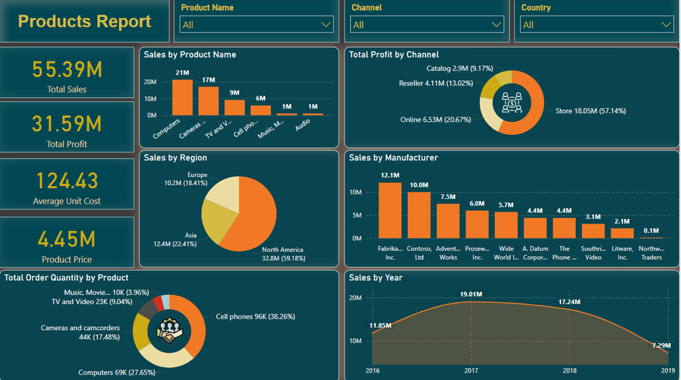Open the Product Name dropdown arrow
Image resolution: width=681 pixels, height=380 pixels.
(x=326, y=25)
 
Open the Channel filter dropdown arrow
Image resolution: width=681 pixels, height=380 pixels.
(x=496, y=25)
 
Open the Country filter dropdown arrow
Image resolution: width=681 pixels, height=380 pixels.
(x=666, y=25)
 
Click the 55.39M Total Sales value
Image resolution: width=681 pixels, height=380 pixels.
(x=67, y=70)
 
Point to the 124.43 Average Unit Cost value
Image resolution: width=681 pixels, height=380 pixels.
(x=67, y=180)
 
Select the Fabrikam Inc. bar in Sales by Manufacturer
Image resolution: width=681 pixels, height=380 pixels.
(x=390, y=210)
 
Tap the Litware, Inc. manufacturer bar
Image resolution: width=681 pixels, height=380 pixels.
(x=622, y=233)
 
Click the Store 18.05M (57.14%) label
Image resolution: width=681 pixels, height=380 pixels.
(x=591, y=111)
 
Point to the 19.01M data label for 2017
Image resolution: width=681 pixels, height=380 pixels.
(x=471, y=293)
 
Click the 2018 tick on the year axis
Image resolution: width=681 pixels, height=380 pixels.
(x=570, y=371)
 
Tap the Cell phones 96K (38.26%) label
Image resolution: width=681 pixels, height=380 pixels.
(x=255, y=317)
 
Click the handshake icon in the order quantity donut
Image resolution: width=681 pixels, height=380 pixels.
(x=168, y=331)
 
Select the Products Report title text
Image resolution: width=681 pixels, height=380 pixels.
(x=84, y=21)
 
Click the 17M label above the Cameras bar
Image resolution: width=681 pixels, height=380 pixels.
(x=208, y=80)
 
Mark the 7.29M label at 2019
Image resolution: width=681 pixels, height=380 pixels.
(x=660, y=346)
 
